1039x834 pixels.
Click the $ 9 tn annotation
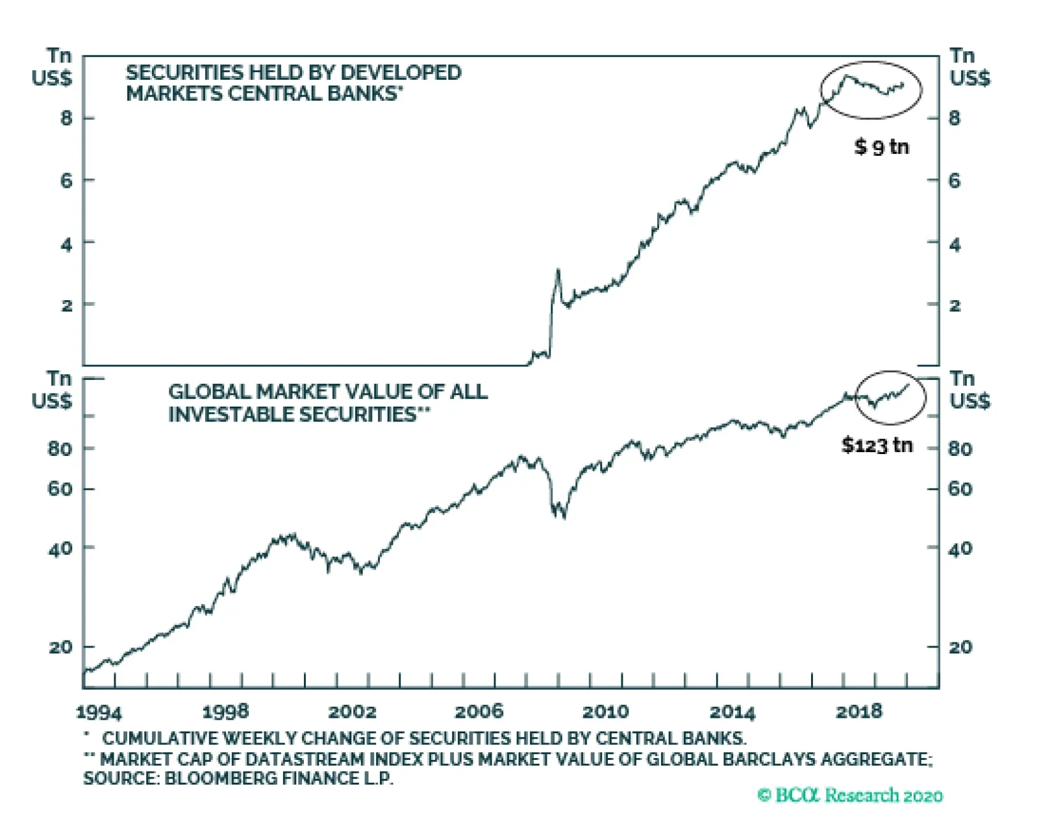click(881, 147)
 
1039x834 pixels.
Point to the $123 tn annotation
click(877, 445)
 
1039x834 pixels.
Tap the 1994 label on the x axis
click(99, 713)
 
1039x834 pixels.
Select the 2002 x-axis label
click(352, 712)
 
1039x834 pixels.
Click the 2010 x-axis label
click(605, 712)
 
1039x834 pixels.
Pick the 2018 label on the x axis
click(858, 712)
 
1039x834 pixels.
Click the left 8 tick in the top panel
click(67, 118)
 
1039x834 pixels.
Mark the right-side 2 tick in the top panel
click(954, 305)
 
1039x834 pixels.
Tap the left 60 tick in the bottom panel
click(60, 488)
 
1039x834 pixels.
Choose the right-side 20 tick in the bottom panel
click(960, 647)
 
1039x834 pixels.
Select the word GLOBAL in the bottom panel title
click(209, 392)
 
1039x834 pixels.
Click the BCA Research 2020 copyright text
click(850, 795)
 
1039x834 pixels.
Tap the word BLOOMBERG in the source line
click(210, 777)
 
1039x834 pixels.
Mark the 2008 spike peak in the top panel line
click(558, 270)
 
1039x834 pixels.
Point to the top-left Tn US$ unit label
click(52, 67)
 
